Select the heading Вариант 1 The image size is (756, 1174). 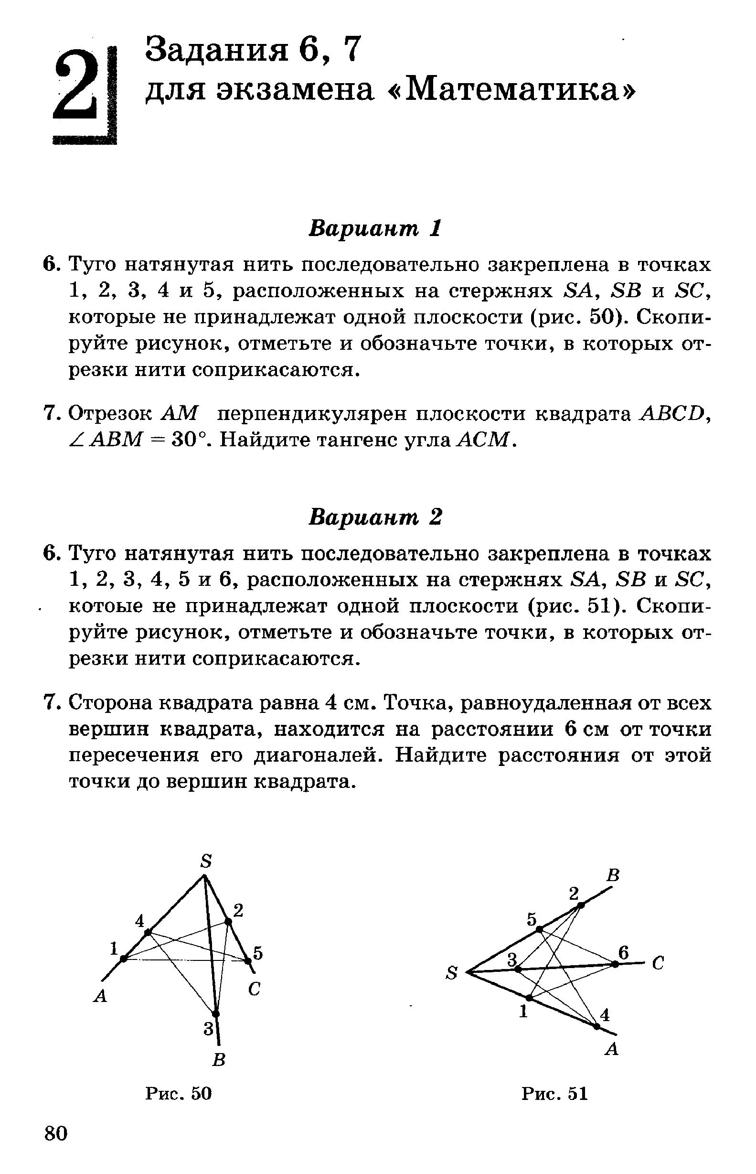[x=375, y=229]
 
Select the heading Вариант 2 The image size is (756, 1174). [x=375, y=517]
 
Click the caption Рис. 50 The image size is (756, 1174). [x=179, y=1093]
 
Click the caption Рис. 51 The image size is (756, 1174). [x=555, y=1093]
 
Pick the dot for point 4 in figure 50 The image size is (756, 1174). [x=147, y=932]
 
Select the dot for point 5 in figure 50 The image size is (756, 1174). [x=248, y=961]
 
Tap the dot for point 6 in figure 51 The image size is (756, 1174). [x=615, y=964]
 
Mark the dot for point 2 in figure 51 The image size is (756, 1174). [x=581, y=905]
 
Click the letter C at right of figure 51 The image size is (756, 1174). [x=658, y=964]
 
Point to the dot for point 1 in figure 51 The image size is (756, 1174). [x=529, y=998]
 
